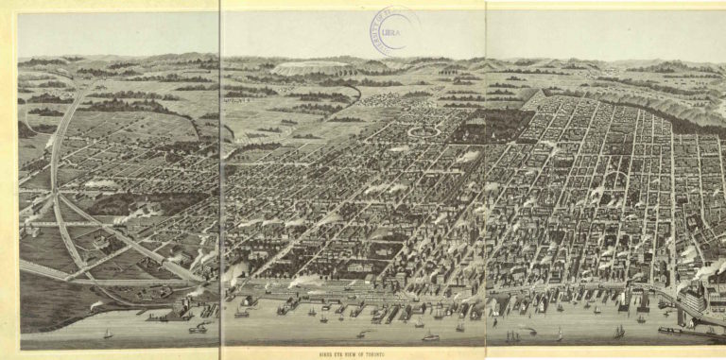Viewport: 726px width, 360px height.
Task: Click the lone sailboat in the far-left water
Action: tap(108, 334)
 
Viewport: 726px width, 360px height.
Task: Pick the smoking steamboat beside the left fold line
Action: tap(199, 328)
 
